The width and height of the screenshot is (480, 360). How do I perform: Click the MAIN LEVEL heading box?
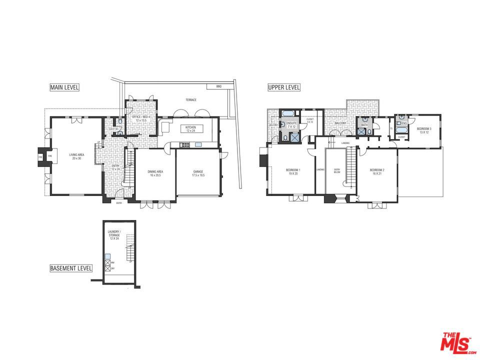click(64, 87)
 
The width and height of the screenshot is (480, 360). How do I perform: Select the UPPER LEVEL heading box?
click(284, 87)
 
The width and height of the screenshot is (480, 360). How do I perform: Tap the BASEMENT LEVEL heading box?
click(71, 268)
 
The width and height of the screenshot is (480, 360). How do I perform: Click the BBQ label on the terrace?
click(218, 86)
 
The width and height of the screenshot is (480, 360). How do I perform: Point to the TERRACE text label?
click(191, 100)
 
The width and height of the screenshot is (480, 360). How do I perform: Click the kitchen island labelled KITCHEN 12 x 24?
click(191, 129)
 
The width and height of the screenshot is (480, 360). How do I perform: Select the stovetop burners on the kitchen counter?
click(183, 145)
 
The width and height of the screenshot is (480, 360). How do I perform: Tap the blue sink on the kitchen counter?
click(198, 145)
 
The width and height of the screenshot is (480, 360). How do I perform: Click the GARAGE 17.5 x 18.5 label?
click(198, 173)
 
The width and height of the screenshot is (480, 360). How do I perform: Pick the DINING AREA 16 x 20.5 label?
click(155, 173)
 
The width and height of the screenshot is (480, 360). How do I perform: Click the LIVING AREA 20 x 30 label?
click(76, 156)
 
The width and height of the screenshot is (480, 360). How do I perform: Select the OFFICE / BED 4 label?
click(140, 118)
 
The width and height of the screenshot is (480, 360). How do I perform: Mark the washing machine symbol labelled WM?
click(107, 261)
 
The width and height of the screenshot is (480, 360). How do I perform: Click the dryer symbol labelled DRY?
click(107, 268)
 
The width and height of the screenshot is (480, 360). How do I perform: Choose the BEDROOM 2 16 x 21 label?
click(376, 171)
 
